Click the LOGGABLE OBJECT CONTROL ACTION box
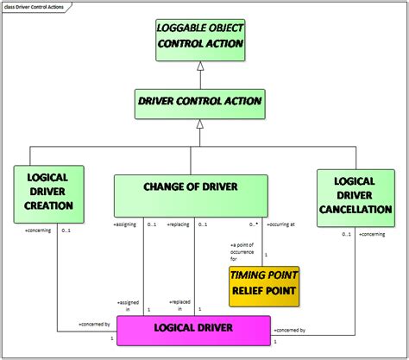(x=200, y=35)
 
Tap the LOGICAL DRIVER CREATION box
(x=49, y=192)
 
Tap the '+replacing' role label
(x=179, y=225)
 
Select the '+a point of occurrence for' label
(x=246, y=252)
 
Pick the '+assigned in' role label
(x=128, y=305)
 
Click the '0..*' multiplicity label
(x=253, y=224)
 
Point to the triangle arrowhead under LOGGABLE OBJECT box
(x=200, y=66)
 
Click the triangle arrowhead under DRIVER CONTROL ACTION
(x=200, y=124)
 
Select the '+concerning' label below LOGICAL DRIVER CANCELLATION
(x=373, y=234)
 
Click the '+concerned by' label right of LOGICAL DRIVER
(x=292, y=331)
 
